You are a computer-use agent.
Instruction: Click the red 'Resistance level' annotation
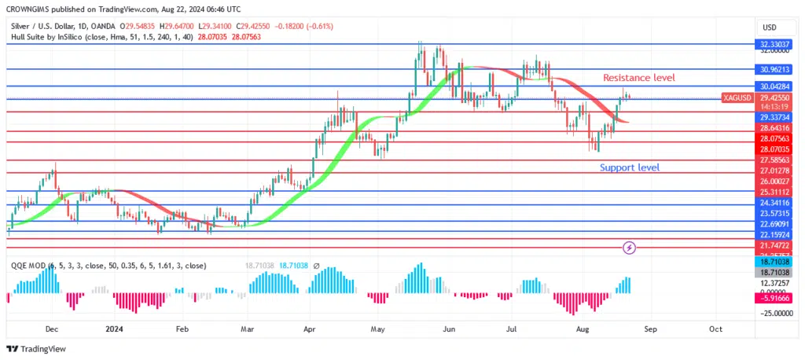click(638, 78)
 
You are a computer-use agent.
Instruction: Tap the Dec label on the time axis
click(52, 330)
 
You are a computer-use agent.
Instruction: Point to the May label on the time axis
click(379, 330)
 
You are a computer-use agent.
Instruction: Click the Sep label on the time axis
click(649, 330)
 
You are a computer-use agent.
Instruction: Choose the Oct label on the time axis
click(715, 330)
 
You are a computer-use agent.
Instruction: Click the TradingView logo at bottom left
click(37, 349)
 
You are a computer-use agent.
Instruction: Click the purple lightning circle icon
click(629, 248)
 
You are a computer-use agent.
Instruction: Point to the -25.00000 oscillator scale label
click(774, 312)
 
